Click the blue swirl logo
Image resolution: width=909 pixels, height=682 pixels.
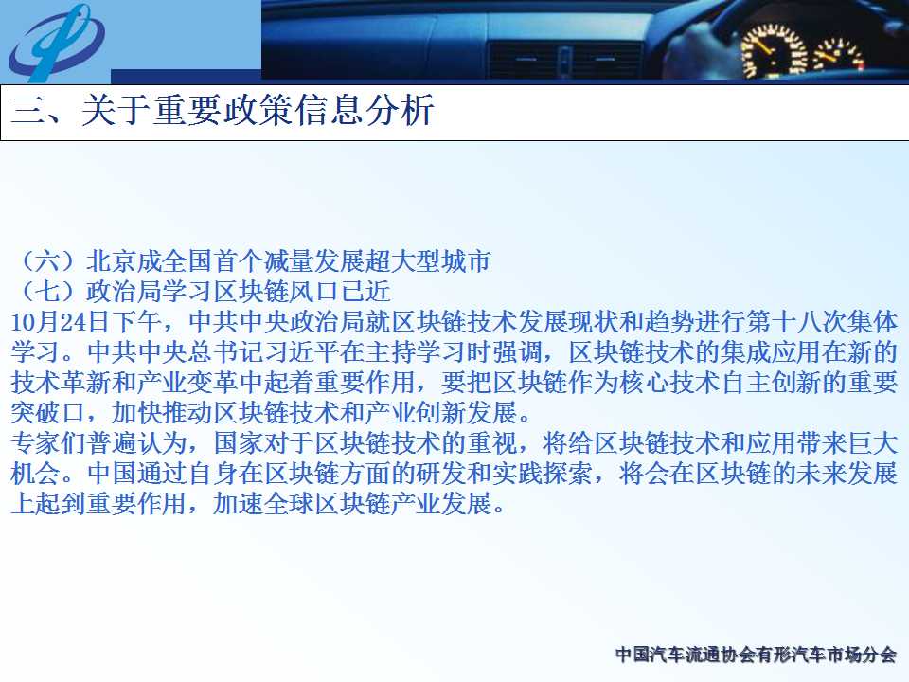[x=56, y=43]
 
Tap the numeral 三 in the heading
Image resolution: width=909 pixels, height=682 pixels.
[x=28, y=110]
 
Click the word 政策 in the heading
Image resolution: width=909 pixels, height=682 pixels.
[x=258, y=110]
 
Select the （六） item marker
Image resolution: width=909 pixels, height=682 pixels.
[x=48, y=261]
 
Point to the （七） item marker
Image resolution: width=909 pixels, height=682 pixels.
[x=48, y=292]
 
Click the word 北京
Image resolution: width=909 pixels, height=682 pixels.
[x=112, y=261]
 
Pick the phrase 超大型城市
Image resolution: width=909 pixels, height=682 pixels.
[x=428, y=261]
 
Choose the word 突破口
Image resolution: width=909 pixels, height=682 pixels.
[x=48, y=413]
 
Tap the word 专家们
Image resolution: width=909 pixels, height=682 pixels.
[x=48, y=443]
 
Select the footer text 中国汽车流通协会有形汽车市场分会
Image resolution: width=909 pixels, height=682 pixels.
[x=756, y=655]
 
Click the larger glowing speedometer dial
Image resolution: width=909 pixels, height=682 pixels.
[x=774, y=51]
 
